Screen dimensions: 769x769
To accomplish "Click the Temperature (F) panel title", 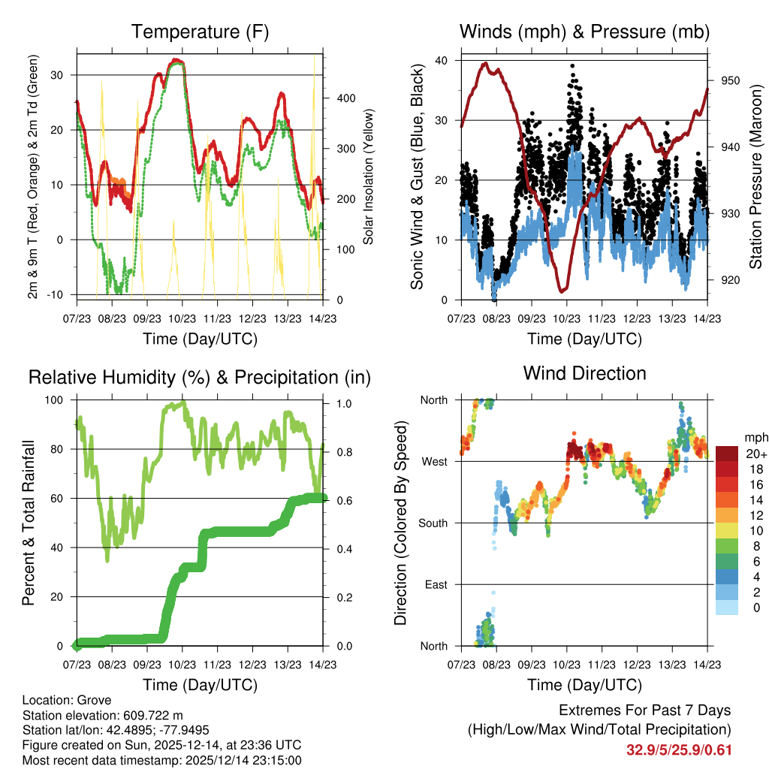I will (200, 32).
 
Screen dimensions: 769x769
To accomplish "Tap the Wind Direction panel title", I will (584, 373).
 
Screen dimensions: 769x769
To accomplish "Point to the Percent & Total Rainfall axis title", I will (29, 523).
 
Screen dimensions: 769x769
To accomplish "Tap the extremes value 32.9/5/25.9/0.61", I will (679, 749).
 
